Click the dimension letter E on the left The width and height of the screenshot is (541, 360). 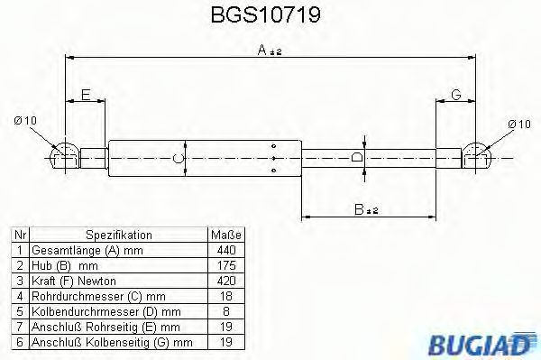coord(86,95)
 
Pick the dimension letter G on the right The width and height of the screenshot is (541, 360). coord(456,95)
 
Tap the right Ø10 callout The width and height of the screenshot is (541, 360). coord(518,124)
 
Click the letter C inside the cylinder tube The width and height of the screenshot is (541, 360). coord(179,160)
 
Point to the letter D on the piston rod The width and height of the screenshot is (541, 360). coord(358,158)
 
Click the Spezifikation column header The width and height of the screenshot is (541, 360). coord(117,234)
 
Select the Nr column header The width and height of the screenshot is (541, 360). coord(18,234)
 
